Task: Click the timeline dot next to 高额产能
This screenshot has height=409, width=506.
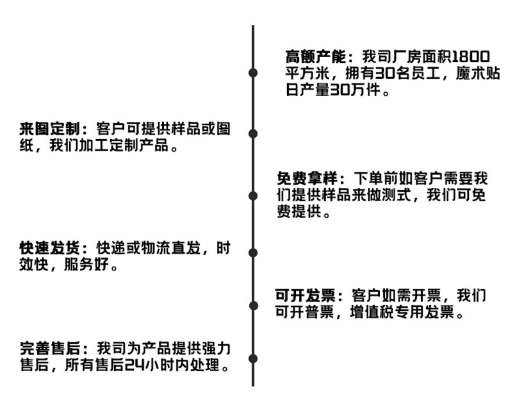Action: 253,72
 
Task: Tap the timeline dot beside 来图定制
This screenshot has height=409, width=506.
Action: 253,133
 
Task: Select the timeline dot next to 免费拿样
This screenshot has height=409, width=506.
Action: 253,195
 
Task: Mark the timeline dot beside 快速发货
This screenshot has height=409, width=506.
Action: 253,253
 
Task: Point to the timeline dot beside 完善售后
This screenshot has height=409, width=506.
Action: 253,358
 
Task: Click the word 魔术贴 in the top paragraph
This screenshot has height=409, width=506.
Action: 476,72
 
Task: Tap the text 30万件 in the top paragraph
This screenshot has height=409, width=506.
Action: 353,89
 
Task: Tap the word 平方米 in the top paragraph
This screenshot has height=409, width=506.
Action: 307,72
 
